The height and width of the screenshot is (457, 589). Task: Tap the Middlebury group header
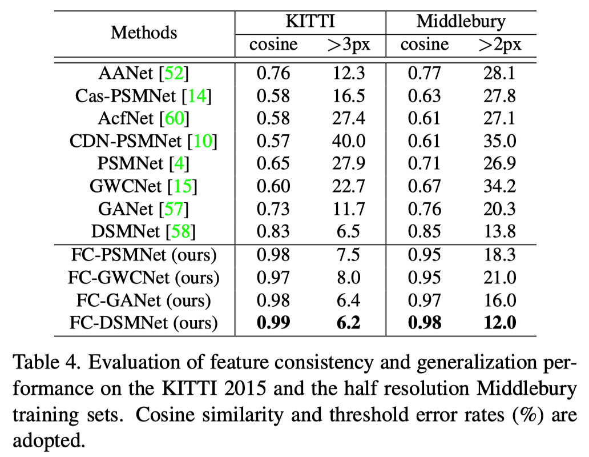[461, 22]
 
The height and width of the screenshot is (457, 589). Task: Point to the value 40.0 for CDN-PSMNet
[348, 141]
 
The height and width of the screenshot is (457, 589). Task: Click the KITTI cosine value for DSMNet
[273, 231]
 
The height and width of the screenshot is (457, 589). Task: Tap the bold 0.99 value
[273, 323]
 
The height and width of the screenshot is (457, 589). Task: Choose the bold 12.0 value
[499, 323]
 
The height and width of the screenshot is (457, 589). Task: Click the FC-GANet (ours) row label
[143, 300]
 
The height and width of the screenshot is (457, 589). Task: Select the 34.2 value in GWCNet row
[499, 186]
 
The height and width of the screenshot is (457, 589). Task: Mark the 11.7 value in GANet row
[348, 209]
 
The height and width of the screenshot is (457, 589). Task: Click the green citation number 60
[175, 119]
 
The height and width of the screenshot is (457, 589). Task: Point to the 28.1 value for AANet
[499, 74]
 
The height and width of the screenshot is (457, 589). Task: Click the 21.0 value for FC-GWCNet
[499, 278]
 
